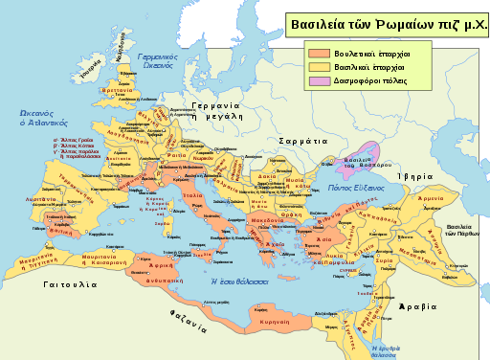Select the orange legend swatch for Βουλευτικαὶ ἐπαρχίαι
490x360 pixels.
[317, 52]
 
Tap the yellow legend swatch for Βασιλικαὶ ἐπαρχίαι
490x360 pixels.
[317, 67]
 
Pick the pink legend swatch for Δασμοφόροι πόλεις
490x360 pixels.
[317, 82]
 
